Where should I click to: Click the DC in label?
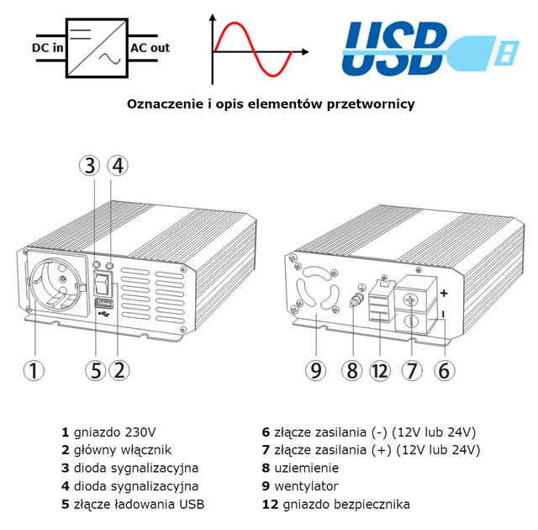pos(48,48)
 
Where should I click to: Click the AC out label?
pos(150,48)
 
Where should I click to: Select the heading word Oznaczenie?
pos(163,104)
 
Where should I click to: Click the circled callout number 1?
pos(33,369)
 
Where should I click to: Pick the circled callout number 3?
pos(92,165)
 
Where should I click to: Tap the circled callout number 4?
pos(119,165)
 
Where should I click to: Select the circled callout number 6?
pos(445,368)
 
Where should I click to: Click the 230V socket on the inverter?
pos(53,287)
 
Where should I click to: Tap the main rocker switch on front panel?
pos(103,278)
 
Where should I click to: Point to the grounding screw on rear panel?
pos(354,297)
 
